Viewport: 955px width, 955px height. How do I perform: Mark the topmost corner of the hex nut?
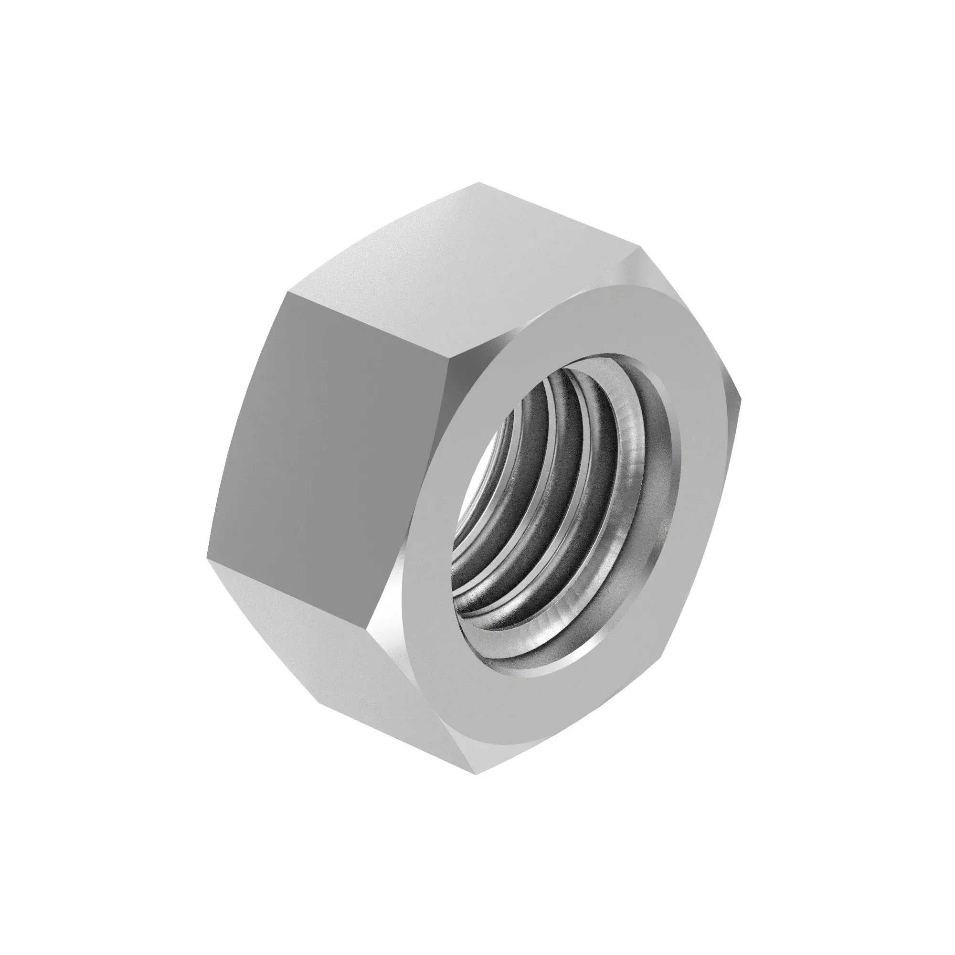(478, 183)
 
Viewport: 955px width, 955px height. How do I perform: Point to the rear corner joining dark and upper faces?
(286, 292)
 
